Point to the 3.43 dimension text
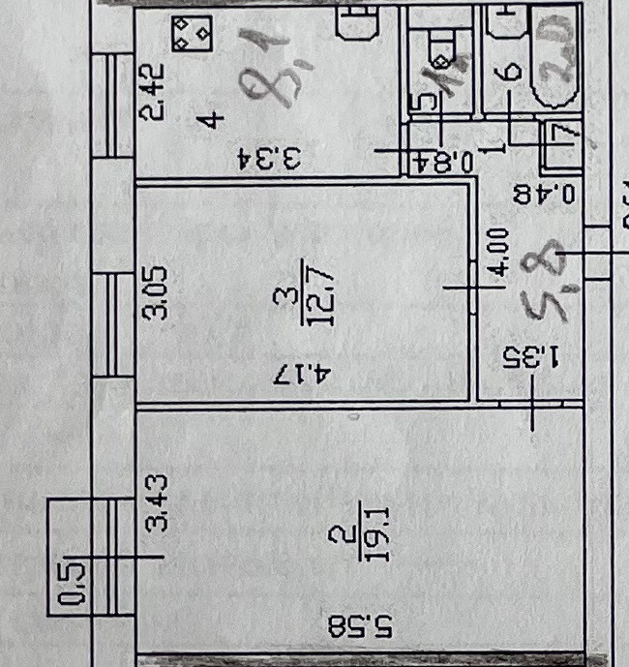pos(162,501)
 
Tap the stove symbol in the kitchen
pos(192,35)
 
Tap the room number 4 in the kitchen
pos(212,119)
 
